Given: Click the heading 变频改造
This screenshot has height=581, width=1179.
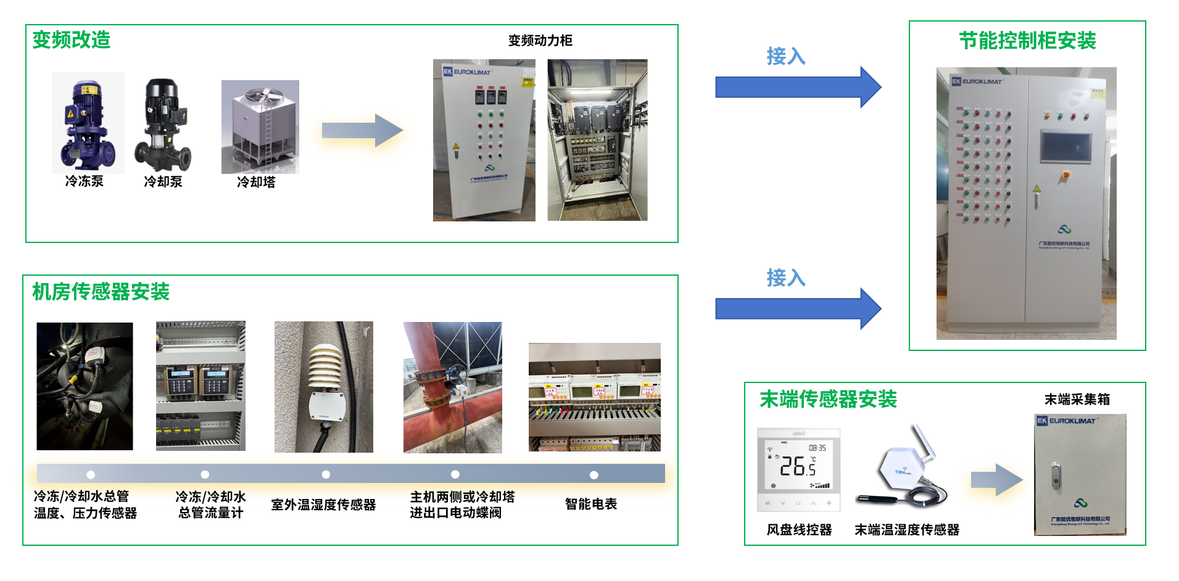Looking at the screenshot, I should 71,39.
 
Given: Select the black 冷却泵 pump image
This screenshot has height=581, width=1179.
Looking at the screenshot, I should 163,125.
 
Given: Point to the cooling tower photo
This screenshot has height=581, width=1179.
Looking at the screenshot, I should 260,127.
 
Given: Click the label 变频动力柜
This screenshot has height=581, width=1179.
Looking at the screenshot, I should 540,41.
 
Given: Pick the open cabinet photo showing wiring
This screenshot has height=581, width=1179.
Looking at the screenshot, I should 597,140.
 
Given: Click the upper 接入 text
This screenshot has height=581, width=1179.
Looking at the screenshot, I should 785,57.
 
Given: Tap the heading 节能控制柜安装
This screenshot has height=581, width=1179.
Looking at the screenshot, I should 1027,41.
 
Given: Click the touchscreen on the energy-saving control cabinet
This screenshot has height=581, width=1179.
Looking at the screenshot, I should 1065,147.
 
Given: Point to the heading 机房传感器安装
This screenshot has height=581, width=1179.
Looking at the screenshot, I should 101,292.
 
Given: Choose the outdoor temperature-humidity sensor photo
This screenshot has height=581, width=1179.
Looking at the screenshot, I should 323,387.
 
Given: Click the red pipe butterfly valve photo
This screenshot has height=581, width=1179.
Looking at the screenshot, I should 452,387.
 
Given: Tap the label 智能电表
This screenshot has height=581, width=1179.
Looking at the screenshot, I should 590,505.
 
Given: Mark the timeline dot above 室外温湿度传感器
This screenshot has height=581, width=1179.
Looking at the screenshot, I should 326,474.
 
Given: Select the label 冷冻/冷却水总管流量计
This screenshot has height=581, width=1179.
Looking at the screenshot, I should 210,505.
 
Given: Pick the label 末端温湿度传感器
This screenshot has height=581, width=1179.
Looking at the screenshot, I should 906,530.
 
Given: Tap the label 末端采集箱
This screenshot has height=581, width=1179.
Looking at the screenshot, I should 1077,400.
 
